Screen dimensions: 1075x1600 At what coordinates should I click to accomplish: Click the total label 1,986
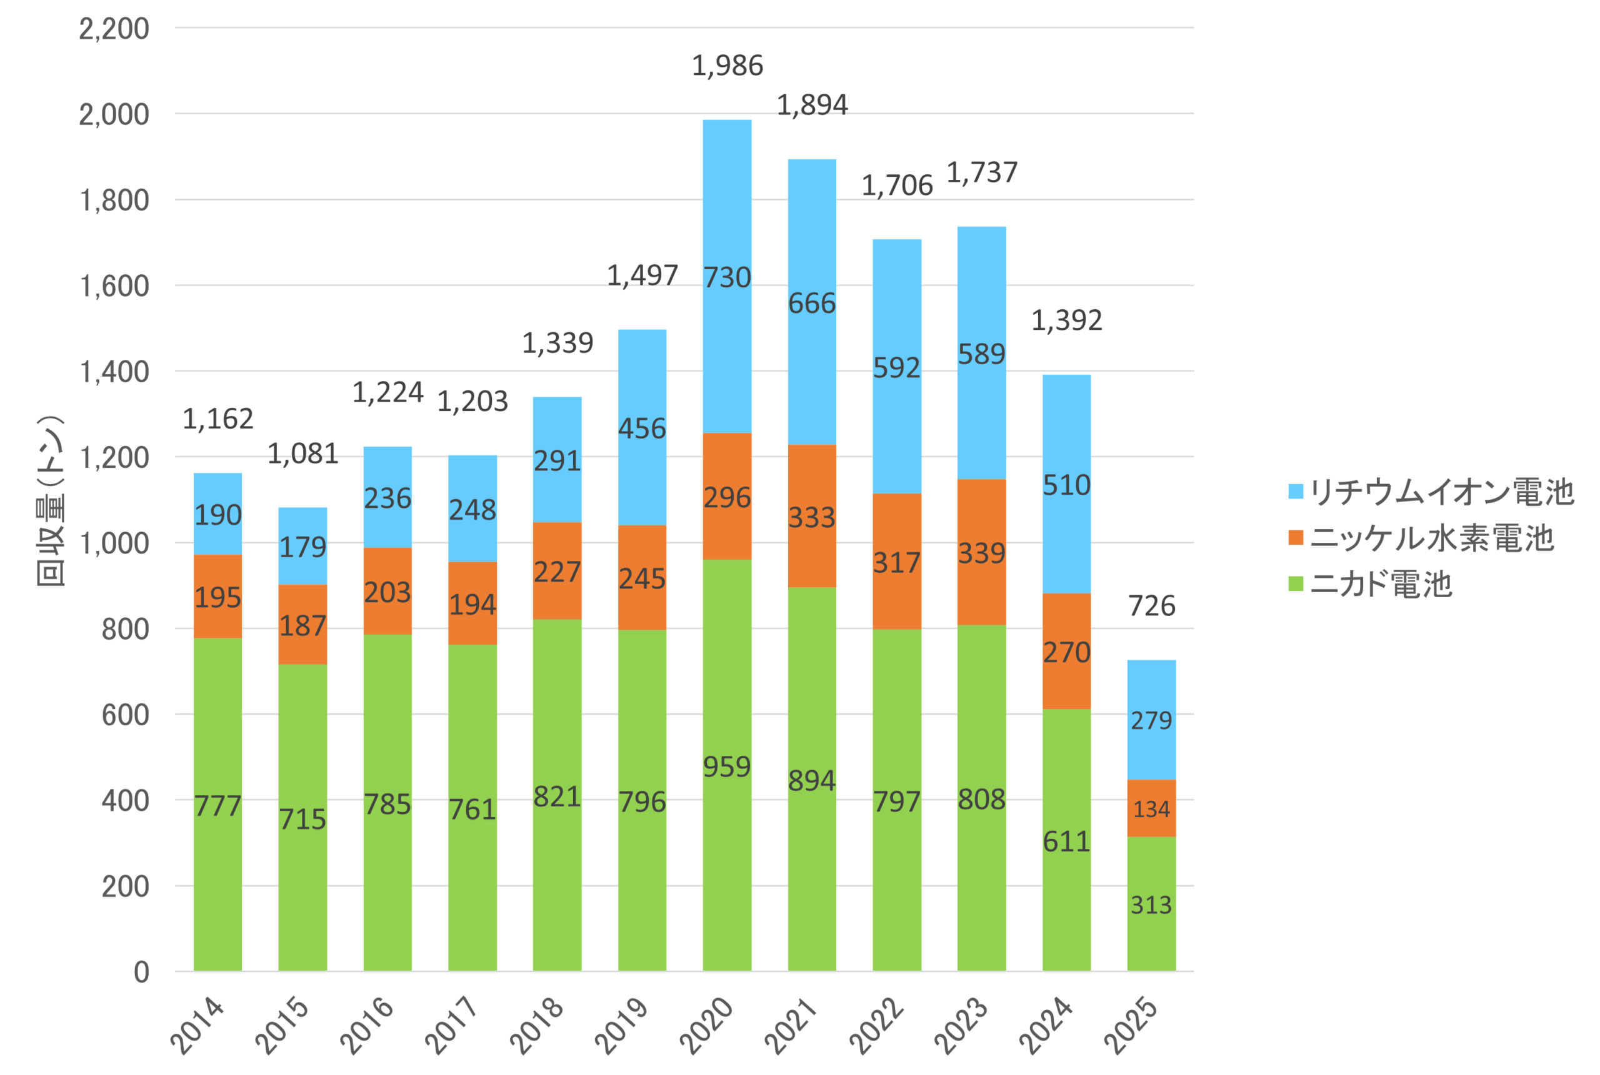(727, 66)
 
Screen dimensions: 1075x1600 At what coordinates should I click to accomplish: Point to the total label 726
(1151, 606)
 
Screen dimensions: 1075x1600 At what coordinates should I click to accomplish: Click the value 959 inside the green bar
(727, 766)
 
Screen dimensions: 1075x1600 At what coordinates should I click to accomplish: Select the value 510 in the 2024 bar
(1066, 485)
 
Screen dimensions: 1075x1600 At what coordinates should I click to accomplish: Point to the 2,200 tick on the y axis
(114, 29)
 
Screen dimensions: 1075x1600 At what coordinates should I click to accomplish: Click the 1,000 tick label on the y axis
(114, 543)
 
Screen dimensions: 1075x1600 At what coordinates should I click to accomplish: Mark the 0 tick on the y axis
(141, 972)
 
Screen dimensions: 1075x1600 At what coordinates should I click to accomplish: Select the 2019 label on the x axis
(621, 1026)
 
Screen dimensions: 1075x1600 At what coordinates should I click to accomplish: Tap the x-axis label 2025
(1131, 1026)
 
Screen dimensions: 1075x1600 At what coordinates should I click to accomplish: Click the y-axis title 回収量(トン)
(51, 501)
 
